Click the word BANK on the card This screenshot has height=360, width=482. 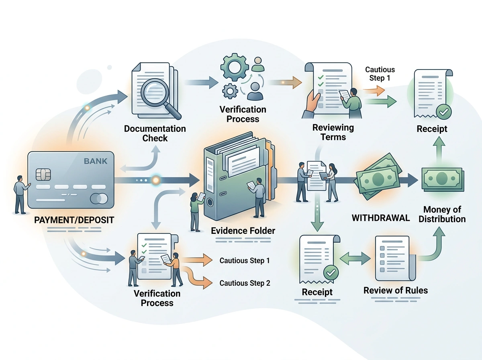pos(96,161)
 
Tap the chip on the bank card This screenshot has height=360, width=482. pos(43,175)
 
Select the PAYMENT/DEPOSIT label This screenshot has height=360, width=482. pos(74,220)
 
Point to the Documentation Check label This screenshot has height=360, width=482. pos(155,133)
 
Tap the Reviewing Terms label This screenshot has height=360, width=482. pos(333,132)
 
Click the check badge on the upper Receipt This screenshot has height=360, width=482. pos(443,112)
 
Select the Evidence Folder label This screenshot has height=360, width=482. pos(243,231)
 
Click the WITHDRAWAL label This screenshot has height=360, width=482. pos(380,218)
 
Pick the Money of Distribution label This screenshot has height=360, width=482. pos(442,214)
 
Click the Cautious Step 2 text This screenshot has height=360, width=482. pos(245,283)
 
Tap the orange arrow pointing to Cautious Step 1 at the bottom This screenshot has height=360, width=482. pos(197,260)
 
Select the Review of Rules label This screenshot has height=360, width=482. pos(396,290)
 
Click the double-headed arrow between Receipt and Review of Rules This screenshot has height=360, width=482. pos(355,258)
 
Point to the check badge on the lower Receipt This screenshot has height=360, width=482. pos(331,272)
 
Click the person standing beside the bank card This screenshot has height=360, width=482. pos(20,194)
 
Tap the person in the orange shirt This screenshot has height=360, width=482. pos(175,270)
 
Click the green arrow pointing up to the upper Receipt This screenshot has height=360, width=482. pos(439,150)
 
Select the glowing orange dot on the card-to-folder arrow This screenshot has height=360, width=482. pos(156,180)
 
